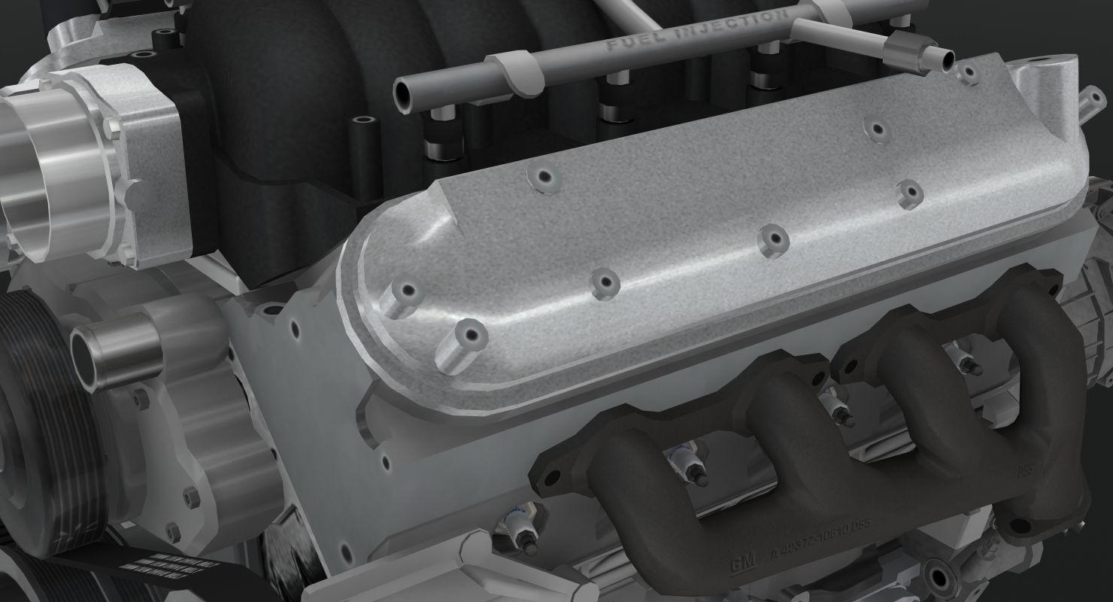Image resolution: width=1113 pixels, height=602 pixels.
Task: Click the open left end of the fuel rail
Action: [407, 94]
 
